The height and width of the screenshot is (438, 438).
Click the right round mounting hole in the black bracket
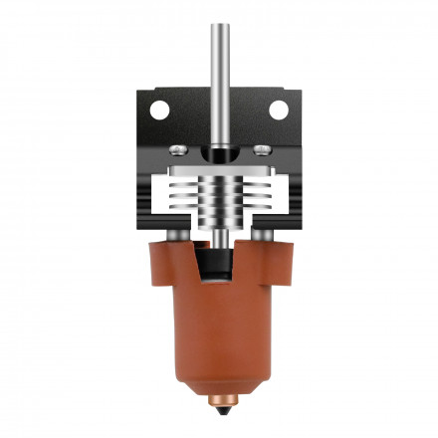[278, 109]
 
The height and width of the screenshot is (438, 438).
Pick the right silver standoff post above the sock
[263, 234]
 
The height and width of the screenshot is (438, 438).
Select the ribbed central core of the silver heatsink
[219, 199]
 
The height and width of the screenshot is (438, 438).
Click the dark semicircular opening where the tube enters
[219, 154]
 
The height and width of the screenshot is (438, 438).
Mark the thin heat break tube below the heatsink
[219, 238]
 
